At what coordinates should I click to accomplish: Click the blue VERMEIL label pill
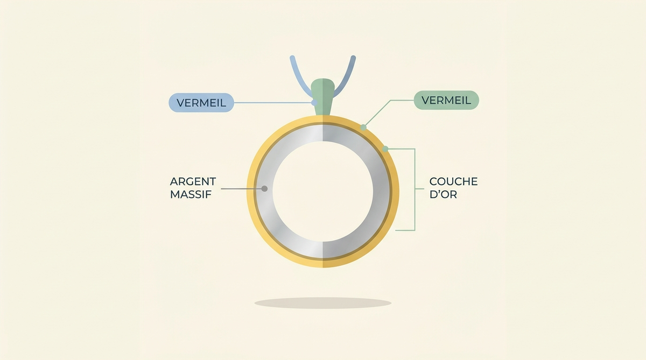pos(201,103)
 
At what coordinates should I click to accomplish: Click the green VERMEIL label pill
pos(446,100)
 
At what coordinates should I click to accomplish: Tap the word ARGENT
pos(193,181)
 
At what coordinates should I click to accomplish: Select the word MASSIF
pos(191,195)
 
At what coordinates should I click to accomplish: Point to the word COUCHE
pos(453,181)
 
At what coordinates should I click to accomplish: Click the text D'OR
pos(443,195)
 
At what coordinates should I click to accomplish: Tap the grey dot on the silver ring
pos(264,189)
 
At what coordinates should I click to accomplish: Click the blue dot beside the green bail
pos(314,103)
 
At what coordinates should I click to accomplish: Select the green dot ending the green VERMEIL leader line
pos(363,127)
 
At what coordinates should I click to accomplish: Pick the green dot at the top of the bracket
pos(385,149)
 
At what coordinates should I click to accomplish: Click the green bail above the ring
pos(323,96)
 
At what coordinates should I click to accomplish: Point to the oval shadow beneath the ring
pos(322,303)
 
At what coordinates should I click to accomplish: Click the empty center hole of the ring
pos(322,192)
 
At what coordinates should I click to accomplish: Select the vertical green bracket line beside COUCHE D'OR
pos(415,189)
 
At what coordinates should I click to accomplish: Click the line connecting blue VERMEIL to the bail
pos(274,103)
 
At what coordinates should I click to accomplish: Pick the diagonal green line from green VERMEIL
pos(377,114)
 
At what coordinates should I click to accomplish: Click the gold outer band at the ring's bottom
pos(322,263)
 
